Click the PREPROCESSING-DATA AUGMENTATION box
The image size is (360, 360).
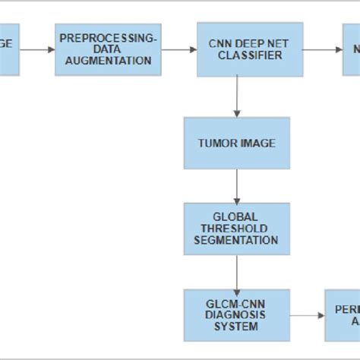click(109, 49)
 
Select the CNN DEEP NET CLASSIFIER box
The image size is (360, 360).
click(237, 49)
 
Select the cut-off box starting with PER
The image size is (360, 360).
click(342, 314)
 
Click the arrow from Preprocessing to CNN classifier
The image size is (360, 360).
click(179, 49)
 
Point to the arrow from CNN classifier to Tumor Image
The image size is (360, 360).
click(237, 96)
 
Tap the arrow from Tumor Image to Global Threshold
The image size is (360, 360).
click(237, 186)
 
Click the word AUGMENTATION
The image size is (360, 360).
click(109, 61)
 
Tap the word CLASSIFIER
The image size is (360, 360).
click(237, 56)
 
